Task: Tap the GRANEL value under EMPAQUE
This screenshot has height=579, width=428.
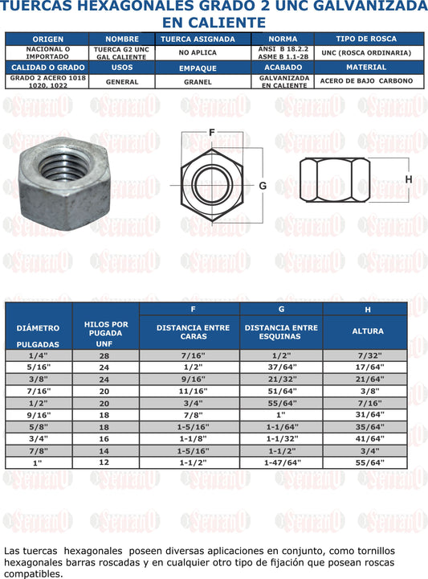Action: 198,81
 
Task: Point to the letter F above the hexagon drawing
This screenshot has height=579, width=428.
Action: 211,133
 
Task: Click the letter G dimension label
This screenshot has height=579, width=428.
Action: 262,185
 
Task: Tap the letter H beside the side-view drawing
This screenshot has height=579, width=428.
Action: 408,179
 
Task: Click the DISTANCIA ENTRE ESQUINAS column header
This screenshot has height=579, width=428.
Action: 281,332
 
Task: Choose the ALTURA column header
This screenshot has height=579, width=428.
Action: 367,331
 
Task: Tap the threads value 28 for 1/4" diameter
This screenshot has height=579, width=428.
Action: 104,355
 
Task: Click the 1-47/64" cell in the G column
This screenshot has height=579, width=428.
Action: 281,463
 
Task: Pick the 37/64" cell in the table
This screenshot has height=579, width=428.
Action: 281,367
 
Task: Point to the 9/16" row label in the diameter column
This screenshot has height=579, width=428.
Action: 38,415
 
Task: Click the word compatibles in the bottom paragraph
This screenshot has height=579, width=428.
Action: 32,574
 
